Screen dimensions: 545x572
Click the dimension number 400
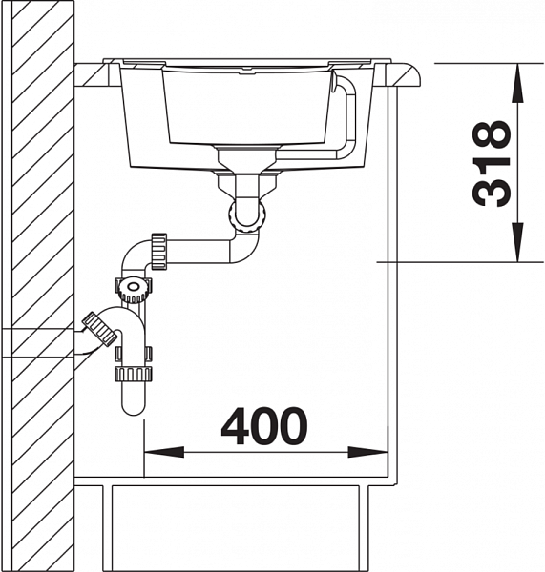click(x=264, y=426)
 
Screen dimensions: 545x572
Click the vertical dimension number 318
click(x=490, y=163)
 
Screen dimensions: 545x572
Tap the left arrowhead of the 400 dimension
click(x=164, y=452)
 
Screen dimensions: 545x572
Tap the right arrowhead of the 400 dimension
click(x=367, y=452)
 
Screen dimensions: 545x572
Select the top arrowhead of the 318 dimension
click(x=517, y=83)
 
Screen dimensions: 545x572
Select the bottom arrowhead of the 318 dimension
click(x=517, y=242)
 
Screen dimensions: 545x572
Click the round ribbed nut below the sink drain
click(x=247, y=216)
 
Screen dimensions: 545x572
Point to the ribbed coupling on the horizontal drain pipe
click(x=159, y=252)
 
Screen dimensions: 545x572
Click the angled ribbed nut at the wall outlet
click(x=99, y=329)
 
